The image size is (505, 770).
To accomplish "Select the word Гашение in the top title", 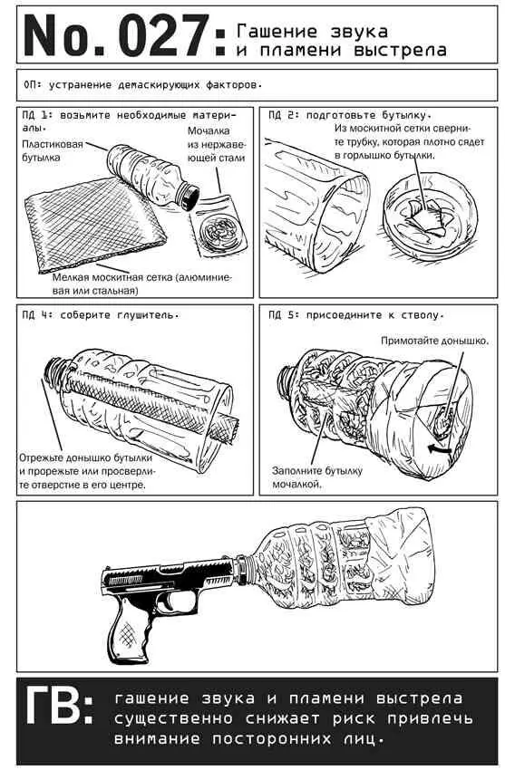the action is point(277,32).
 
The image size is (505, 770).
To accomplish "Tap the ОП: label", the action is point(34,84).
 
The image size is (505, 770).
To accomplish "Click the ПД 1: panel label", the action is point(36,115).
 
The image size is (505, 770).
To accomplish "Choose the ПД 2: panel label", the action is point(284,115).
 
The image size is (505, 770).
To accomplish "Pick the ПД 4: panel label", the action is point(36,314).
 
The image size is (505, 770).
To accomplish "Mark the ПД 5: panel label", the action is point(284,314).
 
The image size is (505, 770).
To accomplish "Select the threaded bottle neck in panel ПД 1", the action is point(188,196).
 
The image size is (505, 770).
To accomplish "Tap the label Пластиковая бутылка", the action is point(53,150).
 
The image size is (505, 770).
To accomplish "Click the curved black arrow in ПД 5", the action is point(439,448).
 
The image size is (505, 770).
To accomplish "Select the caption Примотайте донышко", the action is point(435,341).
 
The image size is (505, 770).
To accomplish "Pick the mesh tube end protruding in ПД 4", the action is point(225,428).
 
